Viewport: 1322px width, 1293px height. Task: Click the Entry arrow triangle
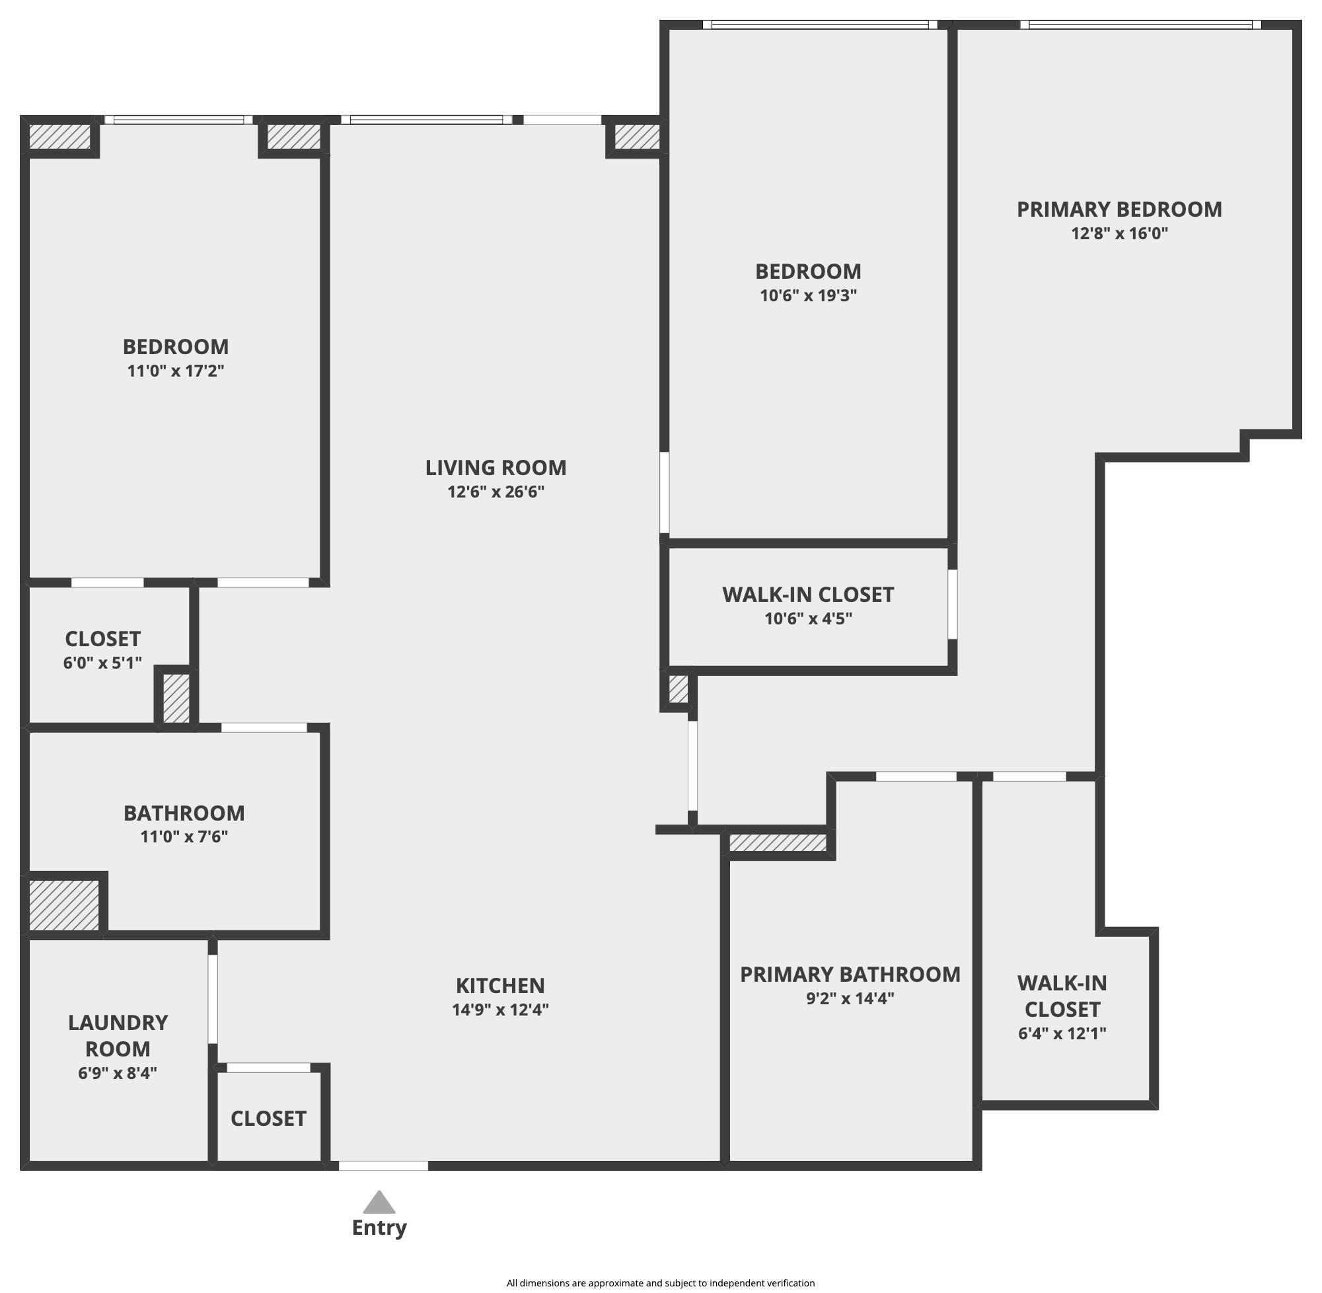tap(379, 1203)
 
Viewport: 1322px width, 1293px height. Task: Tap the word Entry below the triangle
tap(379, 1228)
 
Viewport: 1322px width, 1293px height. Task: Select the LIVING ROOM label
tap(496, 467)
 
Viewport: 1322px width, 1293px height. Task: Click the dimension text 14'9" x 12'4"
tap(500, 1010)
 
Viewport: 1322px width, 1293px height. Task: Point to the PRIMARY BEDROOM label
tap(1119, 209)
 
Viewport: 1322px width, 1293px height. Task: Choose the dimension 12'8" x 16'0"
tap(1119, 234)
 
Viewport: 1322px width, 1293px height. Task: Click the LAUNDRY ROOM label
tap(118, 1035)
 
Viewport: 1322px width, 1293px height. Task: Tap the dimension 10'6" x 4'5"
tap(808, 618)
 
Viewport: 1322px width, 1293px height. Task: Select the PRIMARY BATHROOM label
tap(850, 975)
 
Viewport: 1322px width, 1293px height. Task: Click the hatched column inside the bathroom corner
tap(64, 905)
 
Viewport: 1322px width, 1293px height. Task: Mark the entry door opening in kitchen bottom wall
tap(383, 1166)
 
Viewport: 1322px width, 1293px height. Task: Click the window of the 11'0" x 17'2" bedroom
tap(178, 120)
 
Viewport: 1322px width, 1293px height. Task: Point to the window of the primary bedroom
tap(1140, 25)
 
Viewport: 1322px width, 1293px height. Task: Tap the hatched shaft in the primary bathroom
tap(778, 843)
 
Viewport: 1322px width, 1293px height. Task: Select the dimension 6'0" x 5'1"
tap(102, 663)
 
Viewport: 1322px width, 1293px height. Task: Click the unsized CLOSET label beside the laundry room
tap(268, 1119)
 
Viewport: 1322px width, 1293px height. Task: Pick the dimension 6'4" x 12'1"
tap(1062, 1033)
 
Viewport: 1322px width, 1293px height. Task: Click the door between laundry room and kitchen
tap(213, 999)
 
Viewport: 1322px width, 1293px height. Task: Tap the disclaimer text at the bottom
tap(660, 1283)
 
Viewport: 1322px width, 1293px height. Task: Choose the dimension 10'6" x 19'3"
tap(808, 295)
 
